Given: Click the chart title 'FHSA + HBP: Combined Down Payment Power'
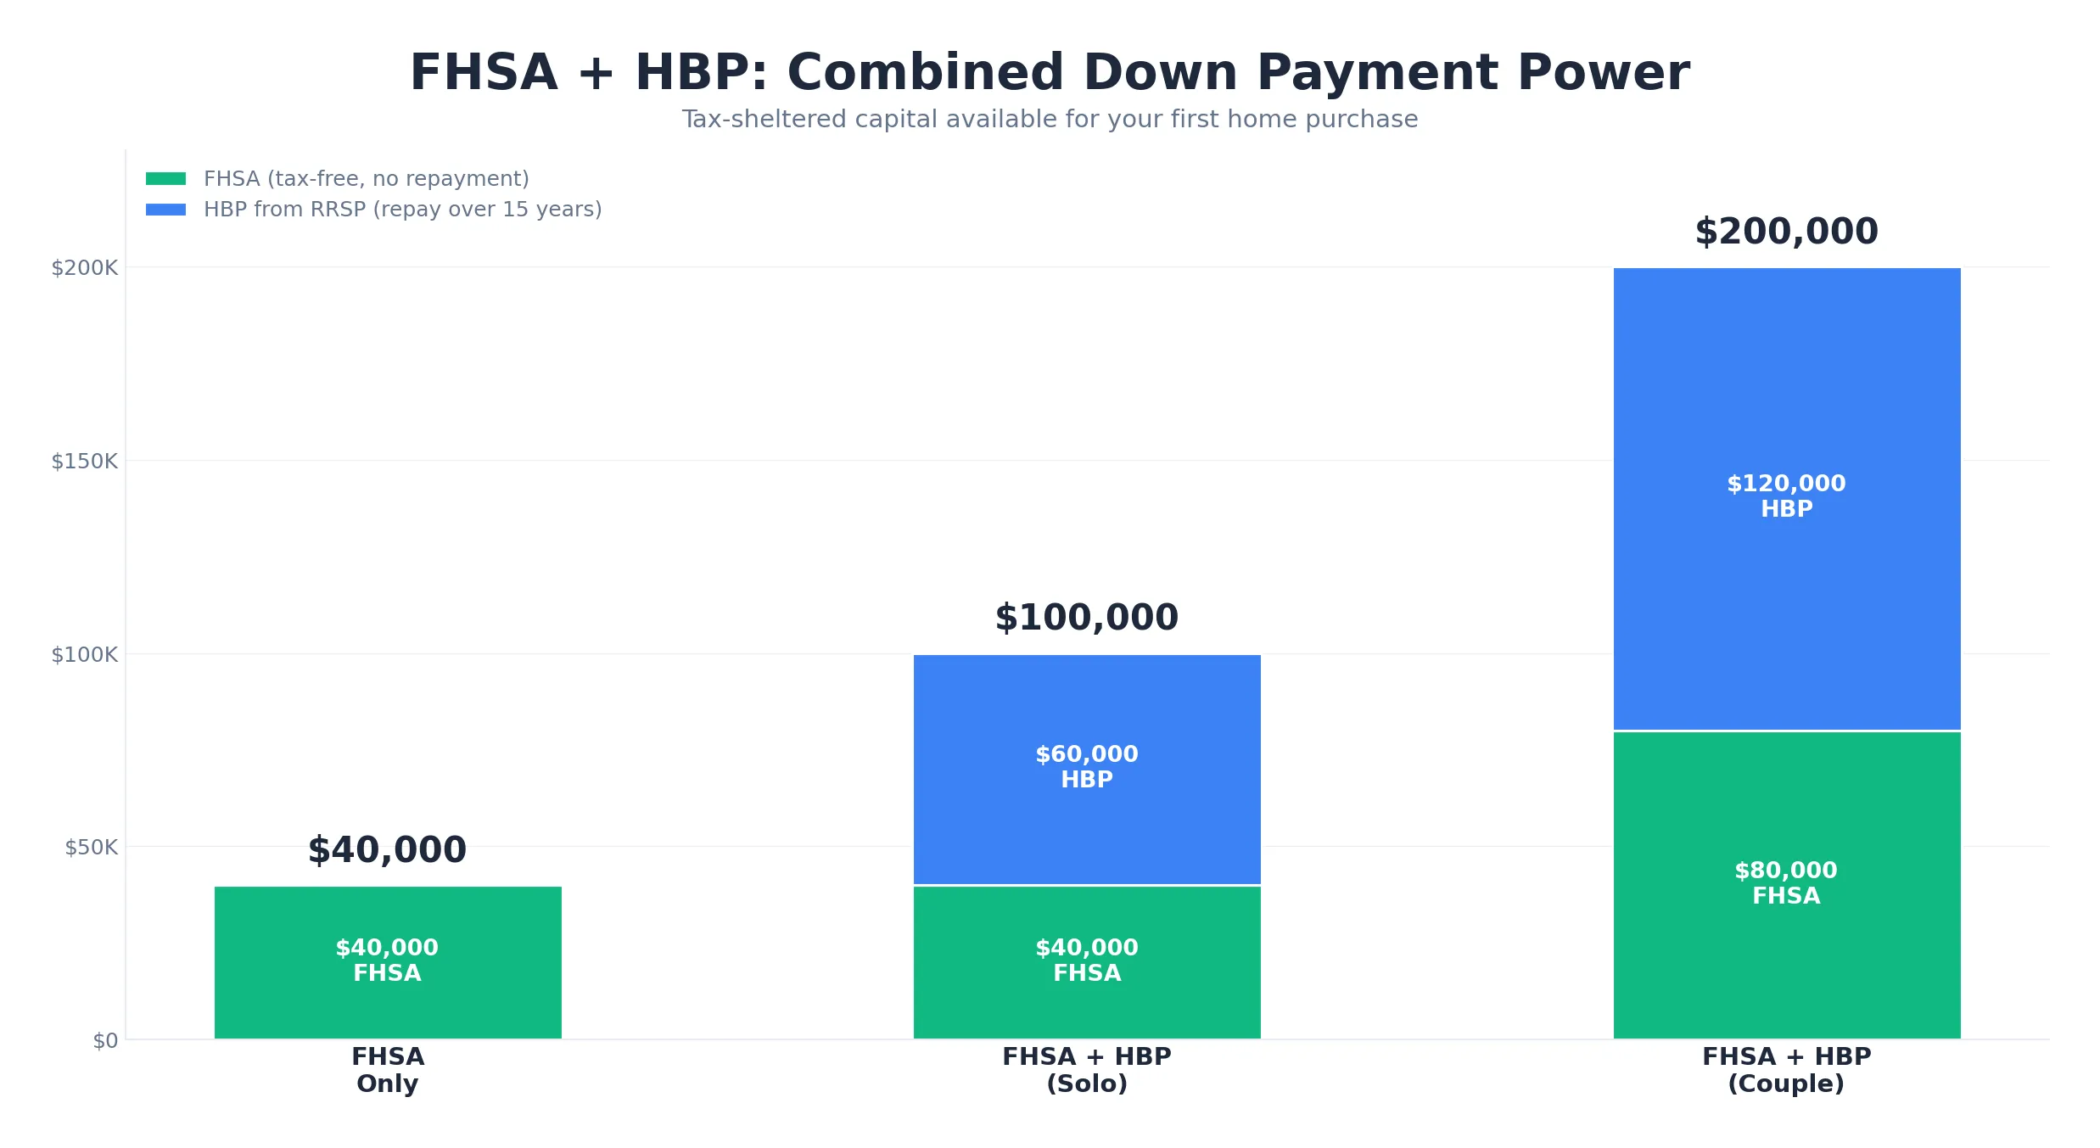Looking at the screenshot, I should pos(1050,73).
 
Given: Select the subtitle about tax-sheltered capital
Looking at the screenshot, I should pos(1050,120).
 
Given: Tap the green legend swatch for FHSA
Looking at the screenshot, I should pos(165,179).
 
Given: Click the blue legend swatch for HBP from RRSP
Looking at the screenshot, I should pos(165,210).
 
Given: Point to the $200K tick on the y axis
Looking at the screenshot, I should pos(85,268).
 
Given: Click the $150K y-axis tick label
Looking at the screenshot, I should pos(85,462).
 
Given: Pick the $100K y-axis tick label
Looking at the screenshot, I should pos(85,655).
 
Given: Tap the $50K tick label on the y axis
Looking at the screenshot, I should pos(92,848).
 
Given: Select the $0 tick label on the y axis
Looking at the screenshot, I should pos(105,1041).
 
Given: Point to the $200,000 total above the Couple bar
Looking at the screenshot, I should pos(1787,232).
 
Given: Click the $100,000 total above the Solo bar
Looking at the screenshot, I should pos(1087,618).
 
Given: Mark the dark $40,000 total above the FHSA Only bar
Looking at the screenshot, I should pos(388,850).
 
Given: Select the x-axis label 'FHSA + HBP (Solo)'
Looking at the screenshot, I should pos(1087,1070).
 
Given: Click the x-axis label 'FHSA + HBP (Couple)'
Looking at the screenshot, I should pos(1787,1070).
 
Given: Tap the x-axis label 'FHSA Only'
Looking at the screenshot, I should pos(388,1070).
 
